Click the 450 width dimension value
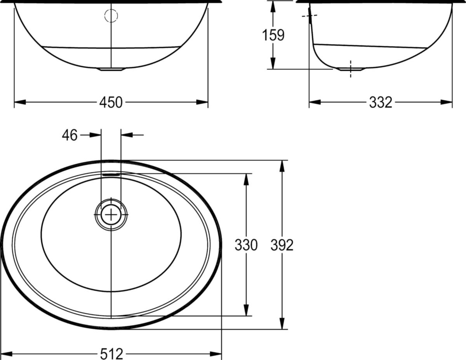coord(111,102)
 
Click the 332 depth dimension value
coord(381,102)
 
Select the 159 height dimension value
coord(273,35)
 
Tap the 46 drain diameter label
coord(70,135)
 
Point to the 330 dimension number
coord(246,245)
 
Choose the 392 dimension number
coord(282,245)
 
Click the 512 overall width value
coord(111,353)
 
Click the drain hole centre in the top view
coord(111,214)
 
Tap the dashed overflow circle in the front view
coord(111,16)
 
